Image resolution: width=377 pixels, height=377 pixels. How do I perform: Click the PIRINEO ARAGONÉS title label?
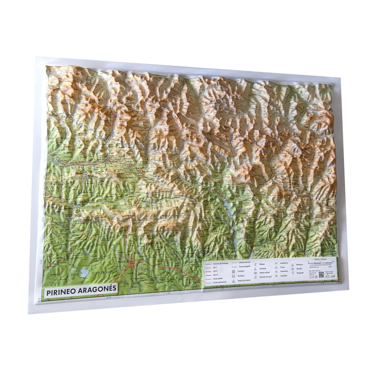tap(81, 291)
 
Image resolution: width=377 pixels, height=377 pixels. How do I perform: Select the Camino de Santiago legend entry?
tap(220, 263)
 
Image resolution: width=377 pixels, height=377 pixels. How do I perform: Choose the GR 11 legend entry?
tap(215, 271)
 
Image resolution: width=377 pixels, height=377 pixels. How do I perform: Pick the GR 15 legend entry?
tap(215, 275)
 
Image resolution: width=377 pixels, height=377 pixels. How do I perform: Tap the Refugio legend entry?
tap(262, 264)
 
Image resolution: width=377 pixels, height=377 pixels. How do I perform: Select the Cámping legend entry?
tap(262, 269)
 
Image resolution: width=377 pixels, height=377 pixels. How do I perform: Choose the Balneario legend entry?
tap(299, 265)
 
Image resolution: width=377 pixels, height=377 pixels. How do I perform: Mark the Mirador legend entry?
tap(299, 269)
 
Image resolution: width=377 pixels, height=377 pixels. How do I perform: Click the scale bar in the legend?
tap(320, 262)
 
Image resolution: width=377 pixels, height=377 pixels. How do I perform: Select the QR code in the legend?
tap(321, 274)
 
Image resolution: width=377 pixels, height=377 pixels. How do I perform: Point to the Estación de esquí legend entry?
tap(265, 277)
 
